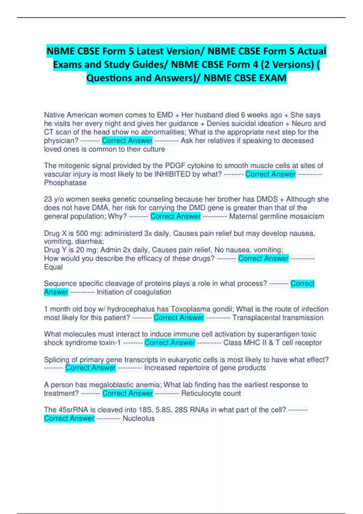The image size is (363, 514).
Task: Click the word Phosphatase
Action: [x=65, y=183]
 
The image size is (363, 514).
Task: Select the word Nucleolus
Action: [x=139, y=418]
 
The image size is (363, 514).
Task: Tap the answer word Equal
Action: [x=53, y=267]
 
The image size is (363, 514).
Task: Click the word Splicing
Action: [x=56, y=360]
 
